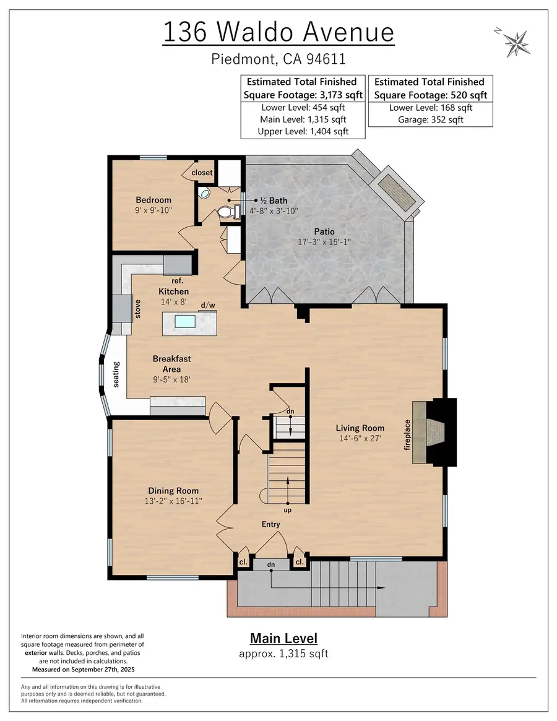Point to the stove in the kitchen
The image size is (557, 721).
pos(119,308)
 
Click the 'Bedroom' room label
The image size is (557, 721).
pos(153,200)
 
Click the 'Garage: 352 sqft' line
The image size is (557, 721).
pos(430,119)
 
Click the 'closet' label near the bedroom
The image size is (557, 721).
pos(202,172)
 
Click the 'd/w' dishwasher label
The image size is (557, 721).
pos(208,305)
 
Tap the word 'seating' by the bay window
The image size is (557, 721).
pos(116,374)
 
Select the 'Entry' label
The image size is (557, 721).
pos(270,524)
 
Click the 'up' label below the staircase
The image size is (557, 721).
pos(288,511)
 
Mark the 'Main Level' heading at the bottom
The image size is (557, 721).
pos(283,638)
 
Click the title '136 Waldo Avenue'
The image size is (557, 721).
pos(278,32)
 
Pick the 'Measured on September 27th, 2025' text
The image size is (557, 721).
pos(83,670)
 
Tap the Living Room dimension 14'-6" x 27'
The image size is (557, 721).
pos(360,438)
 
